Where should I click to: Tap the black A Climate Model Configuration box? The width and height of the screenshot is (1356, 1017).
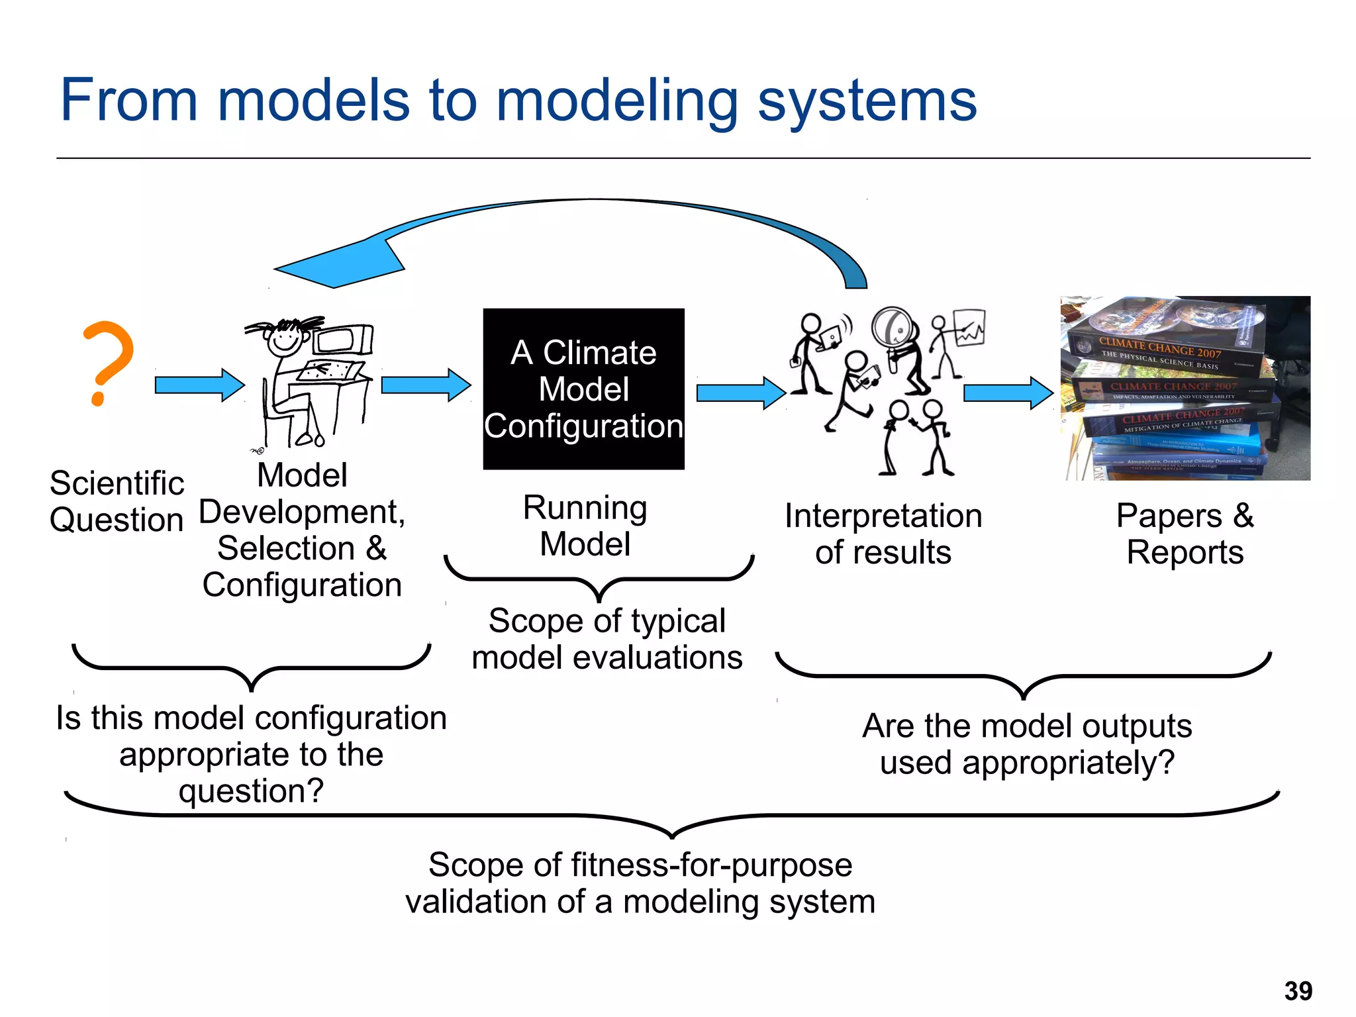click(583, 389)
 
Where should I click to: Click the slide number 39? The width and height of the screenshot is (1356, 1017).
click(1298, 991)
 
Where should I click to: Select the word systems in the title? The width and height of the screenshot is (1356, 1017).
click(867, 101)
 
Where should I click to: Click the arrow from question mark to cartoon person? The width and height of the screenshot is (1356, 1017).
click(199, 385)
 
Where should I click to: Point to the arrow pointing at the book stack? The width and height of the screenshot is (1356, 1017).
click(1007, 393)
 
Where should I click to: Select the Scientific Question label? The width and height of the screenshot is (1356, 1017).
click(117, 501)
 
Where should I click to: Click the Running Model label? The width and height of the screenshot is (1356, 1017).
click(585, 526)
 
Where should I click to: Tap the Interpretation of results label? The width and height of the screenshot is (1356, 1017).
click(883, 534)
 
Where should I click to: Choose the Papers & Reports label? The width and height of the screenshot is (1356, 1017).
click(1185, 534)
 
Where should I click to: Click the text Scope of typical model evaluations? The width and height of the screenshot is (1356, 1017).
click(606, 639)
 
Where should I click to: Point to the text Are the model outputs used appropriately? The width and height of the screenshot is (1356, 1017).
click(1026, 744)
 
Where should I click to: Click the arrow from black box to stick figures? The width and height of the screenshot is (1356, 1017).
click(740, 393)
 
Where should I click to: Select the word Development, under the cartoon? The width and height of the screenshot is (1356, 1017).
click(302, 512)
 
